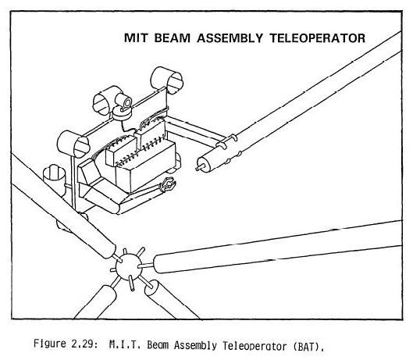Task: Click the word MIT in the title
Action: (135, 38)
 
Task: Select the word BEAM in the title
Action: (172, 38)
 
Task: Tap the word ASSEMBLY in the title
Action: (230, 38)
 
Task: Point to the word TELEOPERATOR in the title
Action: (318, 38)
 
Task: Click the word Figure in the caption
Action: (50, 344)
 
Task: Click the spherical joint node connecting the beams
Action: (129, 267)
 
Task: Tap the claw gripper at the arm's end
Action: (168, 184)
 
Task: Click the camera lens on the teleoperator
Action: (127, 102)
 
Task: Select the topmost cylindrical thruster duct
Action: (167, 80)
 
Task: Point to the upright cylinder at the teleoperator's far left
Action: (54, 180)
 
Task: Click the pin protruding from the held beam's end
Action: (200, 167)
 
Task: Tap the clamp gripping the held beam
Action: (226, 141)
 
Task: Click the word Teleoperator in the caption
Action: (255, 345)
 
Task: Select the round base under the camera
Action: (122, 113)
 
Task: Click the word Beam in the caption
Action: (158, 344)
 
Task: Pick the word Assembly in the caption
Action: (195, 345)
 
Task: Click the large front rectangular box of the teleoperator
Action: (146, 167)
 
